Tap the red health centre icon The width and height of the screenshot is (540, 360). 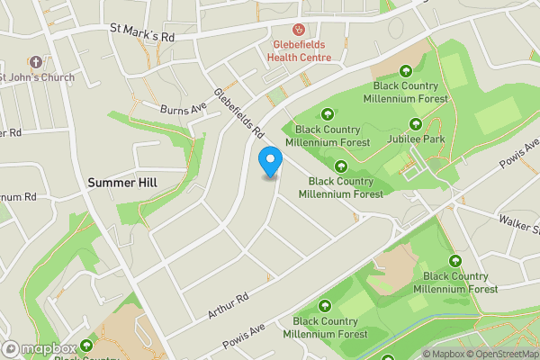coord(299,30)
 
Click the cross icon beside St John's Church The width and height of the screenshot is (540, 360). coord(35,62)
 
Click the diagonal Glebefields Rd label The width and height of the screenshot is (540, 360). coord(238,113)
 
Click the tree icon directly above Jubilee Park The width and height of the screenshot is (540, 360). coord(415,124)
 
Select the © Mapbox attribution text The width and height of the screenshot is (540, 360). coord(444,353)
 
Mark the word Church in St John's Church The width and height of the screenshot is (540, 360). coord(54,76)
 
